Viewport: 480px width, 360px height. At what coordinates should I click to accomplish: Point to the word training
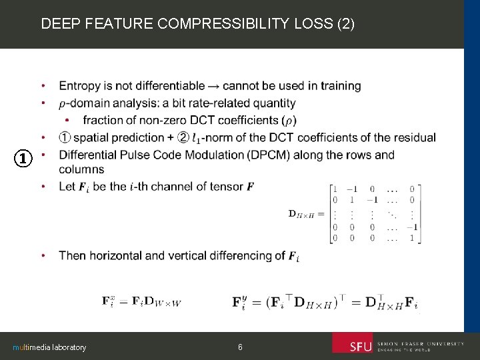341,86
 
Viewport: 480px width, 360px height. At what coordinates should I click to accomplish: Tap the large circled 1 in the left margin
23,159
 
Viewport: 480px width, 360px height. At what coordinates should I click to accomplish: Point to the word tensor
225,187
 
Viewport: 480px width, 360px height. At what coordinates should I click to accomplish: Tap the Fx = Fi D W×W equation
141,301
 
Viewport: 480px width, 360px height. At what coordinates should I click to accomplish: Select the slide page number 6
240,347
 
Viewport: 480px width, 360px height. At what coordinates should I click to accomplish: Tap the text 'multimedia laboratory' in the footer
49,347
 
